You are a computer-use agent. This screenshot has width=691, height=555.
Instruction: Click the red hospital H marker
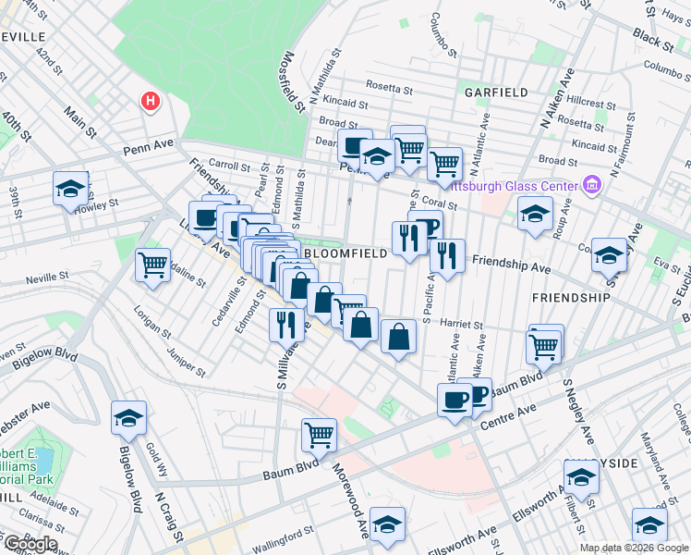148,101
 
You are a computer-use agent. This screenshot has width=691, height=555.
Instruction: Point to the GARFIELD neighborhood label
496,92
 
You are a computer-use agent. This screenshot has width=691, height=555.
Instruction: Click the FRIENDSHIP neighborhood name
570,297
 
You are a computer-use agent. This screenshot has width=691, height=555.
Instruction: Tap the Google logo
30,544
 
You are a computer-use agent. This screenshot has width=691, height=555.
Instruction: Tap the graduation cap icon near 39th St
70,190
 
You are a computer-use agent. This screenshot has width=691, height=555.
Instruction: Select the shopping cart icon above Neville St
152,265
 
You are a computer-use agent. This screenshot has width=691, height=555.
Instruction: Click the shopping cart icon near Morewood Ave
319,433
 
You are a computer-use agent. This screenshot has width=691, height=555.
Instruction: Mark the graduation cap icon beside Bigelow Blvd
129,417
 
